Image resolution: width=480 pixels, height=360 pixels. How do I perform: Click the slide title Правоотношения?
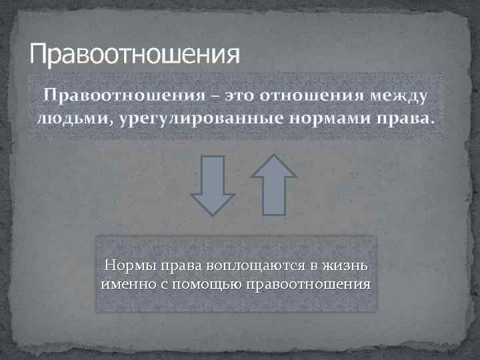(134, 53)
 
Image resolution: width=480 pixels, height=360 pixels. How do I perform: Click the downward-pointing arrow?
(213, 185)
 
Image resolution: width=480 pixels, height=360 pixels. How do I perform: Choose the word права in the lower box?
(170, 267)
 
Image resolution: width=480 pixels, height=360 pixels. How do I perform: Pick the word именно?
(127, 285)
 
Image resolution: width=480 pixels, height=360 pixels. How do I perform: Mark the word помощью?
(207, 285)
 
